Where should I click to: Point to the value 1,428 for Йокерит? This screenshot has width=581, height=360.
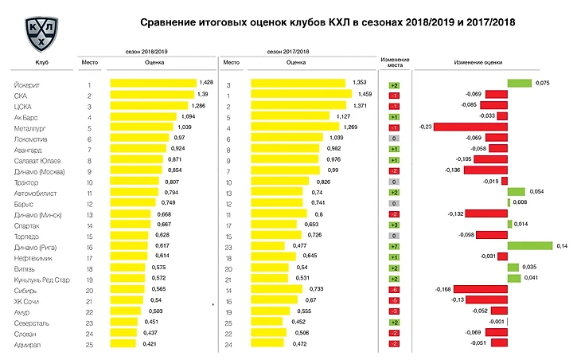click(x=206, y=83)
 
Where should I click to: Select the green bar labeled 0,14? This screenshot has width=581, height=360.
click(x=529, y=246)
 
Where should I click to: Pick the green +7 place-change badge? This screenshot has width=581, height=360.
click(x=394, y=246)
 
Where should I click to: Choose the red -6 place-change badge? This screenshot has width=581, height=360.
click(x=394, y=289)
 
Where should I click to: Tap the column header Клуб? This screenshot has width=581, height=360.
click(x=41, y=62)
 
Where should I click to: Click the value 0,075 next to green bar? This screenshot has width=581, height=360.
click(x=543, y=83)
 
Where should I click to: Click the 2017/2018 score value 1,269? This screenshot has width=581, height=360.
click(x=351, y=127)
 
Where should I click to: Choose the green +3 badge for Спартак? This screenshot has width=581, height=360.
click(x=394, y=225)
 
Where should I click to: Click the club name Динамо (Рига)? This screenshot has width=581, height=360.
click(x=35, y=246)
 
